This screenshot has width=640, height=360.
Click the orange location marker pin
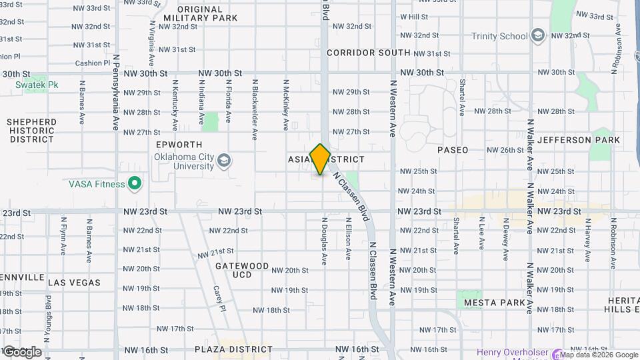pos(320,159)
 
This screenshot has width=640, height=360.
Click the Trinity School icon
pos(538,36)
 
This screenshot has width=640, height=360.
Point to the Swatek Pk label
pos(37,85)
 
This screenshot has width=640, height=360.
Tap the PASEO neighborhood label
pos(453,150)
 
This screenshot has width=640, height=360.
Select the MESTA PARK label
pos(495,303)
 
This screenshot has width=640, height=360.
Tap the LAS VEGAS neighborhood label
pos(75,283)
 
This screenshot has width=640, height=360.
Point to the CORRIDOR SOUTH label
pos(369,53)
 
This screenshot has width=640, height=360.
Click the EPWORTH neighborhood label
pos(178,144)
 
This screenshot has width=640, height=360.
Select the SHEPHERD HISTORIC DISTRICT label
pos(32,131)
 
